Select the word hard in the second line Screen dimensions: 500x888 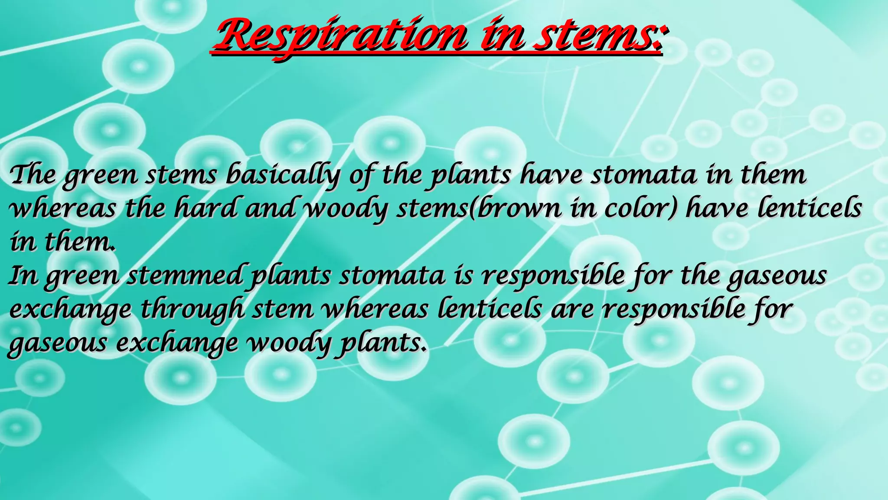(206, 208)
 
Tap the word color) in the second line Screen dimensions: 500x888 (641, 208)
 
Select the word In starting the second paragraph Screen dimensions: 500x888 (23, 275)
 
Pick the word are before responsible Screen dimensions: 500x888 (572, 309)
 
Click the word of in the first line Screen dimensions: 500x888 (362, 175)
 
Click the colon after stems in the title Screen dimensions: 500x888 (659, 36)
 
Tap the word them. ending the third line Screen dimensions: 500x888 (80, 241)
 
